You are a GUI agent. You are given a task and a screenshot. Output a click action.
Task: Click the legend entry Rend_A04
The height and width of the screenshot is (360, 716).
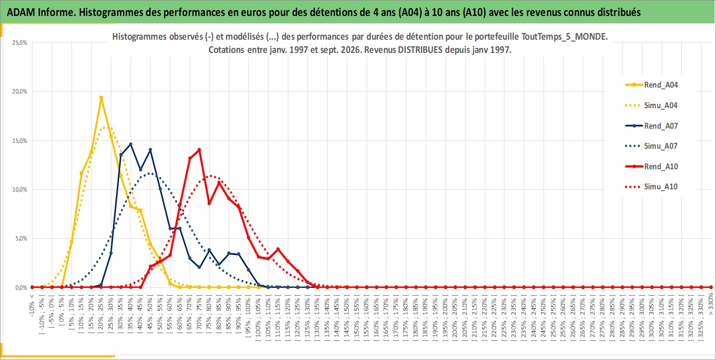coord(652,85)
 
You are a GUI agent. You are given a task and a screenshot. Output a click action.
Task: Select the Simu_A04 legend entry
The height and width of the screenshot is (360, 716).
coord(652,105)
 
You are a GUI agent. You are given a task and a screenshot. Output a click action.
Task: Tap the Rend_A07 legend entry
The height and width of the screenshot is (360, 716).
coord(652,125)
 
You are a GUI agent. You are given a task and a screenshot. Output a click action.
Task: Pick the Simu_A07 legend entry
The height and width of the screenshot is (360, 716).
coord(652,146)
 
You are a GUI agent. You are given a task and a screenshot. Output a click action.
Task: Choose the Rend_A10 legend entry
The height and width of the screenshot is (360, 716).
coord(652,166)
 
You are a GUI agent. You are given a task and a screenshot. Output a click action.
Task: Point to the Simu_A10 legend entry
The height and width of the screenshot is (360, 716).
coord(652,187)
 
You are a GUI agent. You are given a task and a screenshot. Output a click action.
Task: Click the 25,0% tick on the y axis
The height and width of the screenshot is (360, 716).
coord(20,42)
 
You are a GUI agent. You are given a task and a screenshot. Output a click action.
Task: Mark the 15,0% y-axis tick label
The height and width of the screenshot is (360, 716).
coord(20,141)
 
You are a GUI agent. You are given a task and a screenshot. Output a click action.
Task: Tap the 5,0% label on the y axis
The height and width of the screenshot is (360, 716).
coord(21,239)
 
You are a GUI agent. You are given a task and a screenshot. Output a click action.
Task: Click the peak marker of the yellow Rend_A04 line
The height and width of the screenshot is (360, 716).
coord(101,98)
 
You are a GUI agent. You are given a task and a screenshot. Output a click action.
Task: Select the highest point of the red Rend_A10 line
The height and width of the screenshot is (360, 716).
coord(199,150)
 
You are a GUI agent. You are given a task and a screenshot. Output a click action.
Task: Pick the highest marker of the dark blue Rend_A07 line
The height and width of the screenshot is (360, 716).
coord(131,144)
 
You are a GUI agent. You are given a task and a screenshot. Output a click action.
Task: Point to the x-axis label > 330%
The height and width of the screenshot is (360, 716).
coord(711,304)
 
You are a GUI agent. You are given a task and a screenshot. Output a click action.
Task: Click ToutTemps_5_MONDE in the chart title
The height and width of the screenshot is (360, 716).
coord(564,37)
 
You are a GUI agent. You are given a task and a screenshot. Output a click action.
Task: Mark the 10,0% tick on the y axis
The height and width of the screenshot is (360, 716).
coord(20,190)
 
